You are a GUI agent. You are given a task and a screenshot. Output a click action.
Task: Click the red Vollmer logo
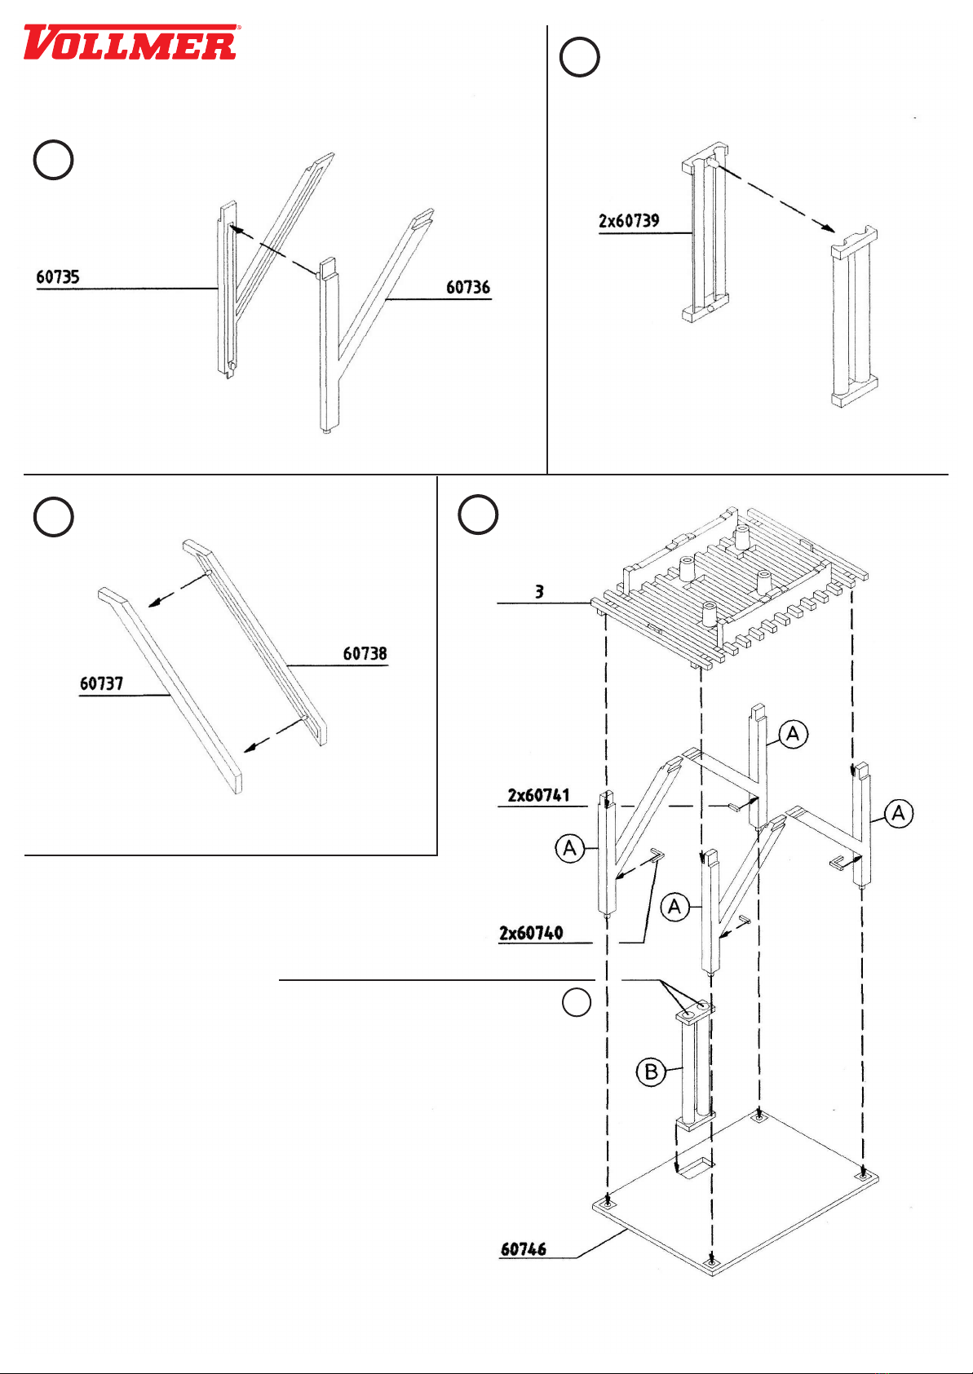(130, 43)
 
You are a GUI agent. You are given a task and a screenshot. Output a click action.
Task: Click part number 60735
(58, 277)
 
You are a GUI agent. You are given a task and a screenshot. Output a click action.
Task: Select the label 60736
(467, 287)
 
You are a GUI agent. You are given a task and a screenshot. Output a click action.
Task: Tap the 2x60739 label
(629, 221)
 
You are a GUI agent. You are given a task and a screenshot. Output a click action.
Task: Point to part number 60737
(101, 683)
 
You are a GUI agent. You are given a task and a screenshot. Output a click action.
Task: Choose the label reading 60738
(365, 654)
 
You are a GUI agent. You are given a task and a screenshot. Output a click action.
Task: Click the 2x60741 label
(538, 795)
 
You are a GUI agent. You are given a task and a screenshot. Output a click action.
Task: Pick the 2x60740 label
(530, 933)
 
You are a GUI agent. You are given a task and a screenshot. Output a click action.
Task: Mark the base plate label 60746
(523, 1249)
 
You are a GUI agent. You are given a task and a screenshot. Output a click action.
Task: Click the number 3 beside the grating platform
(539, 592)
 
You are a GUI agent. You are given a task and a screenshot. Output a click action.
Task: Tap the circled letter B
(651, 1071)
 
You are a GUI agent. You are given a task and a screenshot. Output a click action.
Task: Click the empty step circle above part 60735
(53, 160)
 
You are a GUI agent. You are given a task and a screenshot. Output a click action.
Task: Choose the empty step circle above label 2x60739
(580, 57)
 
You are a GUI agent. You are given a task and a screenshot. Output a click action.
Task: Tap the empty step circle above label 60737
(53, 517)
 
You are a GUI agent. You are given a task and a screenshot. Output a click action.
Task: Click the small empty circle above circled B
(577, 1002)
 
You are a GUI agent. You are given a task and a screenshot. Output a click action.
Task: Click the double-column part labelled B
(694, 1068)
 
